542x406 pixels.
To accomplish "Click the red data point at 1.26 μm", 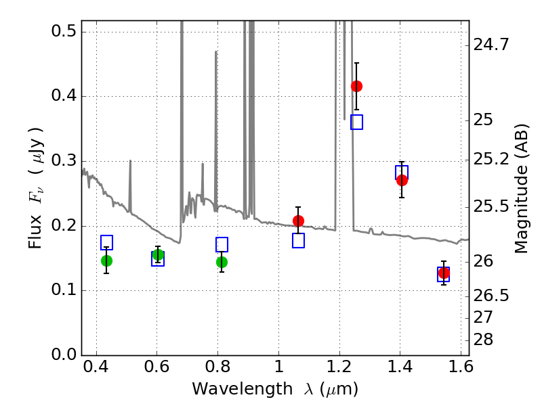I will tap(356, 86).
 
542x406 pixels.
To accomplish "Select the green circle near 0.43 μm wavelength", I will tap(106, 261).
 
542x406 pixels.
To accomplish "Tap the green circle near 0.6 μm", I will tap(158, 254).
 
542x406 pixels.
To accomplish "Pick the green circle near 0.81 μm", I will tap(222, 262).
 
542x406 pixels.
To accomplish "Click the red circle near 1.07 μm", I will tap(298, 221).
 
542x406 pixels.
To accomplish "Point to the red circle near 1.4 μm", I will tap(402, 180).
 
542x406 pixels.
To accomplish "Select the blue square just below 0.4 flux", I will tap(356, 122).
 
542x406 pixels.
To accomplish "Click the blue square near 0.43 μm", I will tap(106, 242).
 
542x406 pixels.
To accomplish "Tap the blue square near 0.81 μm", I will tap(222, 244).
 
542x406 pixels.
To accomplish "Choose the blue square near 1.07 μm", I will tap(298, 240).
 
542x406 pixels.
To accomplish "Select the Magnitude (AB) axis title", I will tap(521, 189).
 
